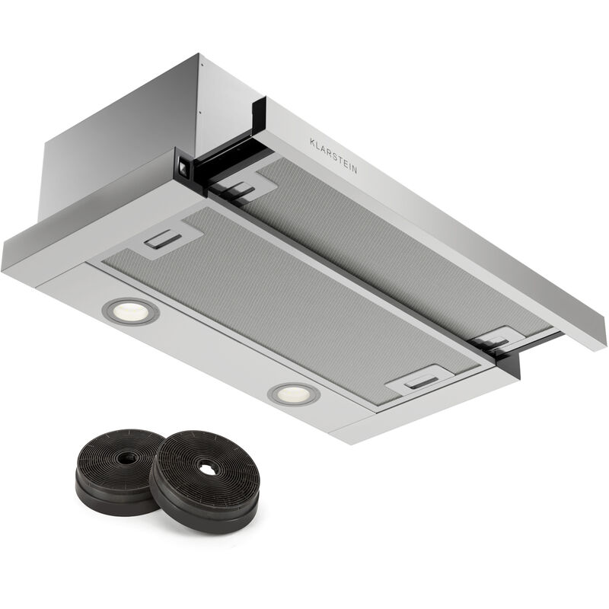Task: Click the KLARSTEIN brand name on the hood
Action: click(x=333, y=155)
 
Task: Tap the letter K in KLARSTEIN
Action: click(x=312, y=142)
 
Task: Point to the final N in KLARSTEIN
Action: click(x=355, y=169)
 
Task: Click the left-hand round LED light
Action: click(x=130, y=311)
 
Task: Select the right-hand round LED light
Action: click(x=294, y=394)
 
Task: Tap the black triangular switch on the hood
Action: click(x=182, y=167)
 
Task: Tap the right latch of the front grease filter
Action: click(x=422, y=381)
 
